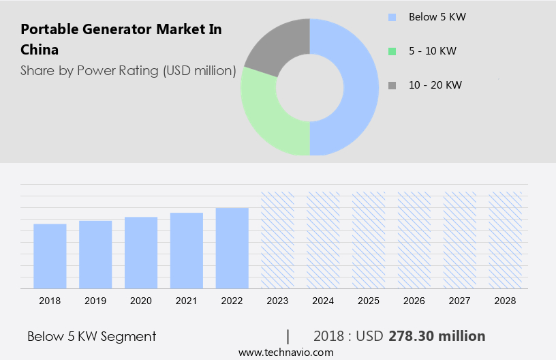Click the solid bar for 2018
click(50, 256)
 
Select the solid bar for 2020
click(141, 252)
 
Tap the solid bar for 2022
click(232, 247)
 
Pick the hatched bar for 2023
click(278, 239)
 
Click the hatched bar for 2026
click(414, 239)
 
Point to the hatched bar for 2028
click(506, 239)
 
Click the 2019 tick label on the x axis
click(95, 301)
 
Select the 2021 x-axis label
click(187, 301)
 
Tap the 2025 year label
click(369, 301)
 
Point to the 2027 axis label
click(460, 301)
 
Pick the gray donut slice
click(276, 44)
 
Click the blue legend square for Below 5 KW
click(391, 16)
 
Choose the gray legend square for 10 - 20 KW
click(391, 85)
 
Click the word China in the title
click(40, 50)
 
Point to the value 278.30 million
click(437, 336)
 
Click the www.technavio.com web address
click(285, 352)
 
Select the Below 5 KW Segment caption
click(92, 336)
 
